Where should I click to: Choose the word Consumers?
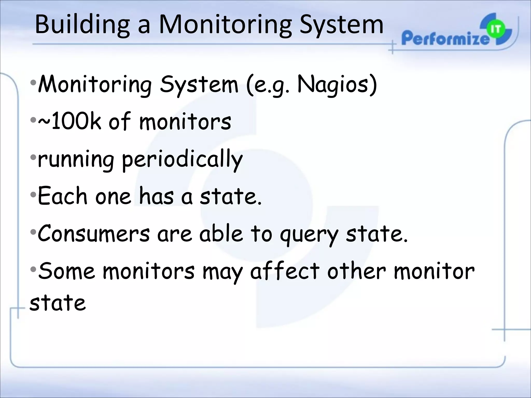[94, 233]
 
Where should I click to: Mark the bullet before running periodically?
[33, 157]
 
